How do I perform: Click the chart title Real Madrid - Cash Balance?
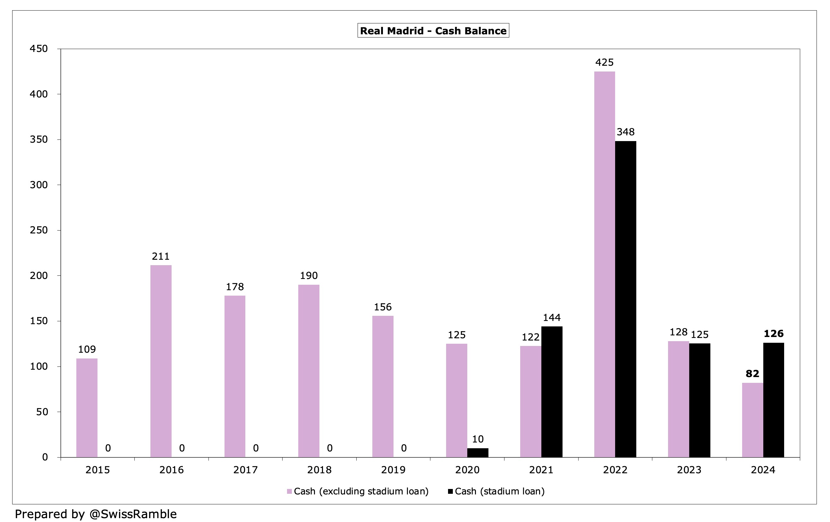[433, 31]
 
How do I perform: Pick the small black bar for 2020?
[478, 452]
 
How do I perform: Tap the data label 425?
[604, 63]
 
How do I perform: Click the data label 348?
[625, 132]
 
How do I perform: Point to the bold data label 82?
[752, 374]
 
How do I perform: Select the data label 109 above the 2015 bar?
[87, 349]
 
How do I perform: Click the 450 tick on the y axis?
[38, 49]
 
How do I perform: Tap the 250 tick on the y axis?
[38, 230]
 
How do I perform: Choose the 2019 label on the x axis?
[393, 470]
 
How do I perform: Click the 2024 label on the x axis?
[763, 470]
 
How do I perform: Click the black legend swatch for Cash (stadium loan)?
[450, 491]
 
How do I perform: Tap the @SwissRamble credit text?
[133, 514]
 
